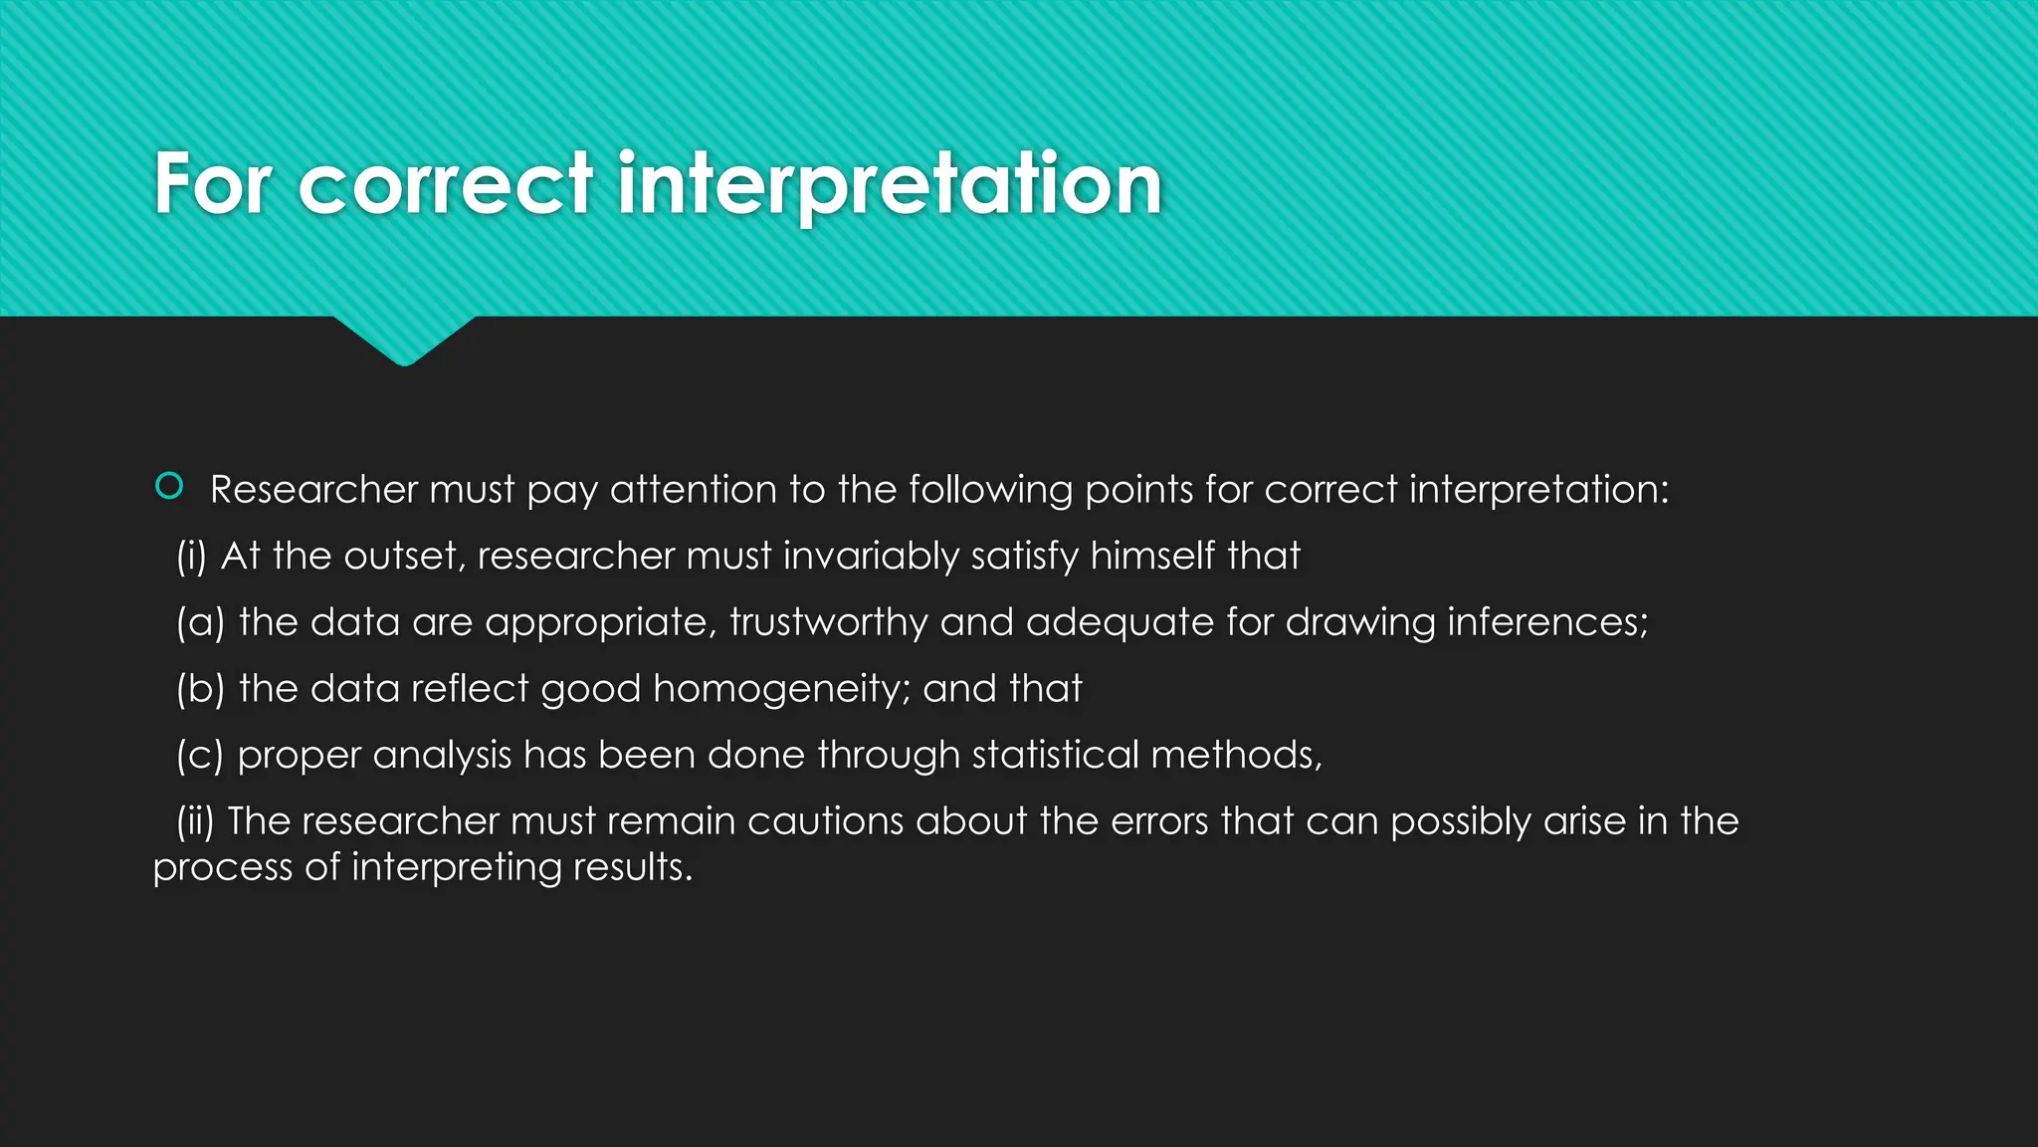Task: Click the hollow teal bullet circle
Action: click(169, 486)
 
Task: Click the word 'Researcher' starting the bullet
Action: click(314, 490)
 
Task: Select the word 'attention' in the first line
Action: click(694, 490)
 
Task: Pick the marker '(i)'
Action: click(191, 557)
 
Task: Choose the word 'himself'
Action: click(1152, 557)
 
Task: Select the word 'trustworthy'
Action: click(829, 623)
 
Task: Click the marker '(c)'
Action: click(200, 756)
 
